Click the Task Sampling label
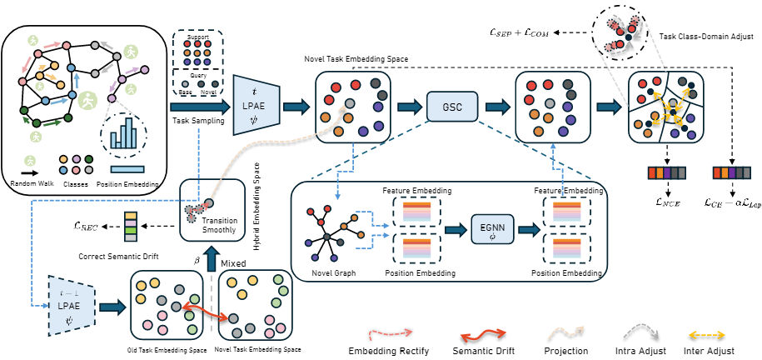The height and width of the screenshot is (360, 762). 197,120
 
